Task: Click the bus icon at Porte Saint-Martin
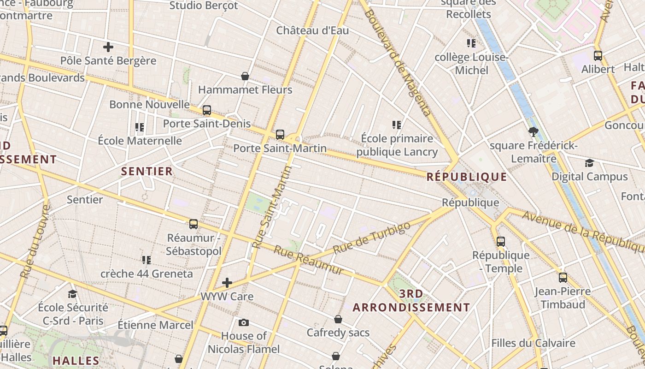tap(280, 135)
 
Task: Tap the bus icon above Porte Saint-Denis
tap(207, 110)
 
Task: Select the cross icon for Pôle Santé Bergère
tap(108, 47)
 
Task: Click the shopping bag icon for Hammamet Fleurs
tap(245, 76)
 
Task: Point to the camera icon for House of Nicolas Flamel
tap(244, 322)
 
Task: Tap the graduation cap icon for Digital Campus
tap(589, 163)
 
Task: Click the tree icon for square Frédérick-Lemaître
tap(534, 132)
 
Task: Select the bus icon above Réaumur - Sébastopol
tap(193, 224)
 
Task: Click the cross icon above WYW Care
tap(227, 282)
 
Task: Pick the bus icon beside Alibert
tap(598, 56)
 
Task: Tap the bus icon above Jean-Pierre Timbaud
tap(563, 278)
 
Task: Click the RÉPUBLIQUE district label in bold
tap(467, 177)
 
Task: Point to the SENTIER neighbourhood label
tap(147, 171)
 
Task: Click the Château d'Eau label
tap(312, 30)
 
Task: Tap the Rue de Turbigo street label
tap(371, 237)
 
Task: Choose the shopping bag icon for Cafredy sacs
tap(338, 319)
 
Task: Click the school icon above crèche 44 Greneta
tap(147, 260)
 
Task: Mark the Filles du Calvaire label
tap(533, 343)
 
